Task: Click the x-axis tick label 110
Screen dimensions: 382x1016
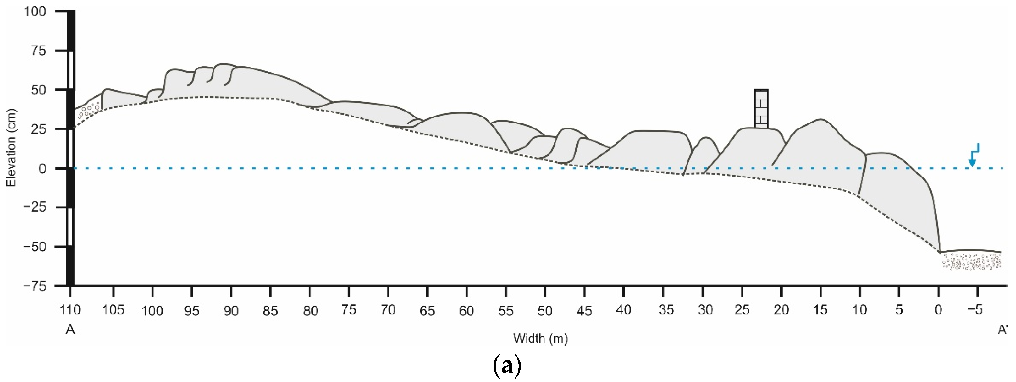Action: (x=70, y=310)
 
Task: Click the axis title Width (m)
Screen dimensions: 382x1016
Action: (x=540, y=338)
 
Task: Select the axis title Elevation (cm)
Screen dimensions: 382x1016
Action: (x=11, y=147)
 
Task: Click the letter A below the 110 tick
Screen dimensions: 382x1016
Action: (x=70, y=330)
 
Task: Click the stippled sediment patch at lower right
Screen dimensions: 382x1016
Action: (x=971, y=261)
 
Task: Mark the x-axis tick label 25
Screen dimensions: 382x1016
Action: (x=742, y=311)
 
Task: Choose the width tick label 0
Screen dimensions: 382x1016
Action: (x=938, y=311)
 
